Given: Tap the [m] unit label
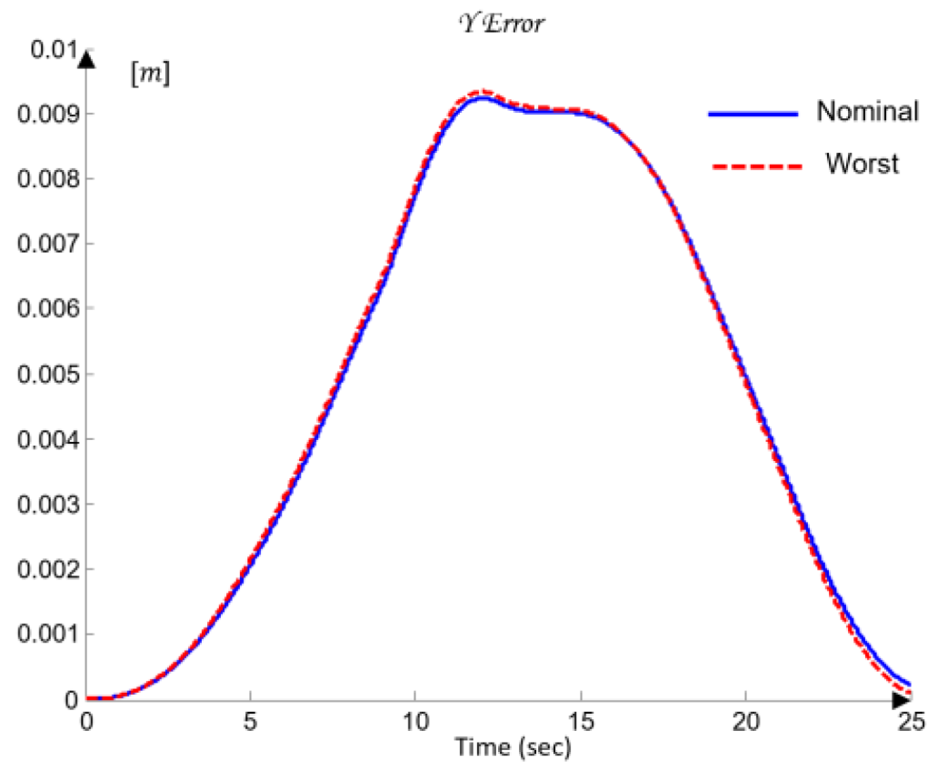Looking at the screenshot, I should point(151,75).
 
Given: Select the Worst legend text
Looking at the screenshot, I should point(862,164).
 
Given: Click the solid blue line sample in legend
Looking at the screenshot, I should point(753,114).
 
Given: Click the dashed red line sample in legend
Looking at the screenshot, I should point(753,166).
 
